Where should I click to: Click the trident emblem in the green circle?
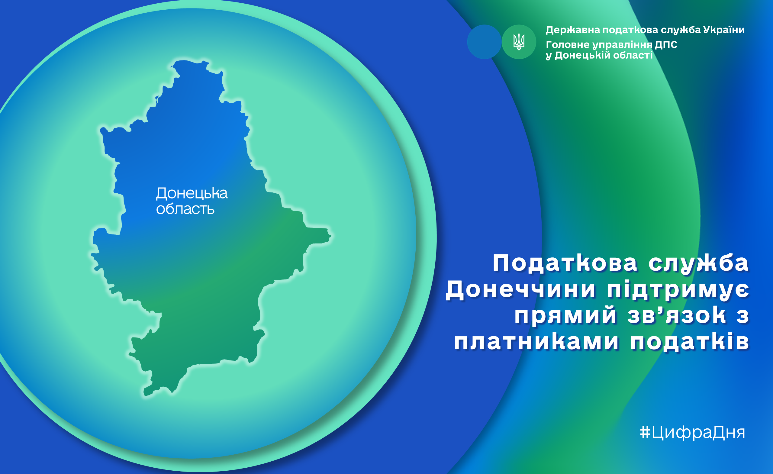pos(519,42)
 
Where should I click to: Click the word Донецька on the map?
pos(192,194)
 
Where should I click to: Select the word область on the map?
pos(185,209)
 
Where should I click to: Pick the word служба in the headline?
pos(699,263)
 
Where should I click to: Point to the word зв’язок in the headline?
pos(677,315)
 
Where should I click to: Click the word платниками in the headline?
pos(536,341)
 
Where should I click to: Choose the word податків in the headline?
pos(690,341)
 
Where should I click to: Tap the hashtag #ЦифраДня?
pos(692,433)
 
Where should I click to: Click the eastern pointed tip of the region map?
pos(331,235)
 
